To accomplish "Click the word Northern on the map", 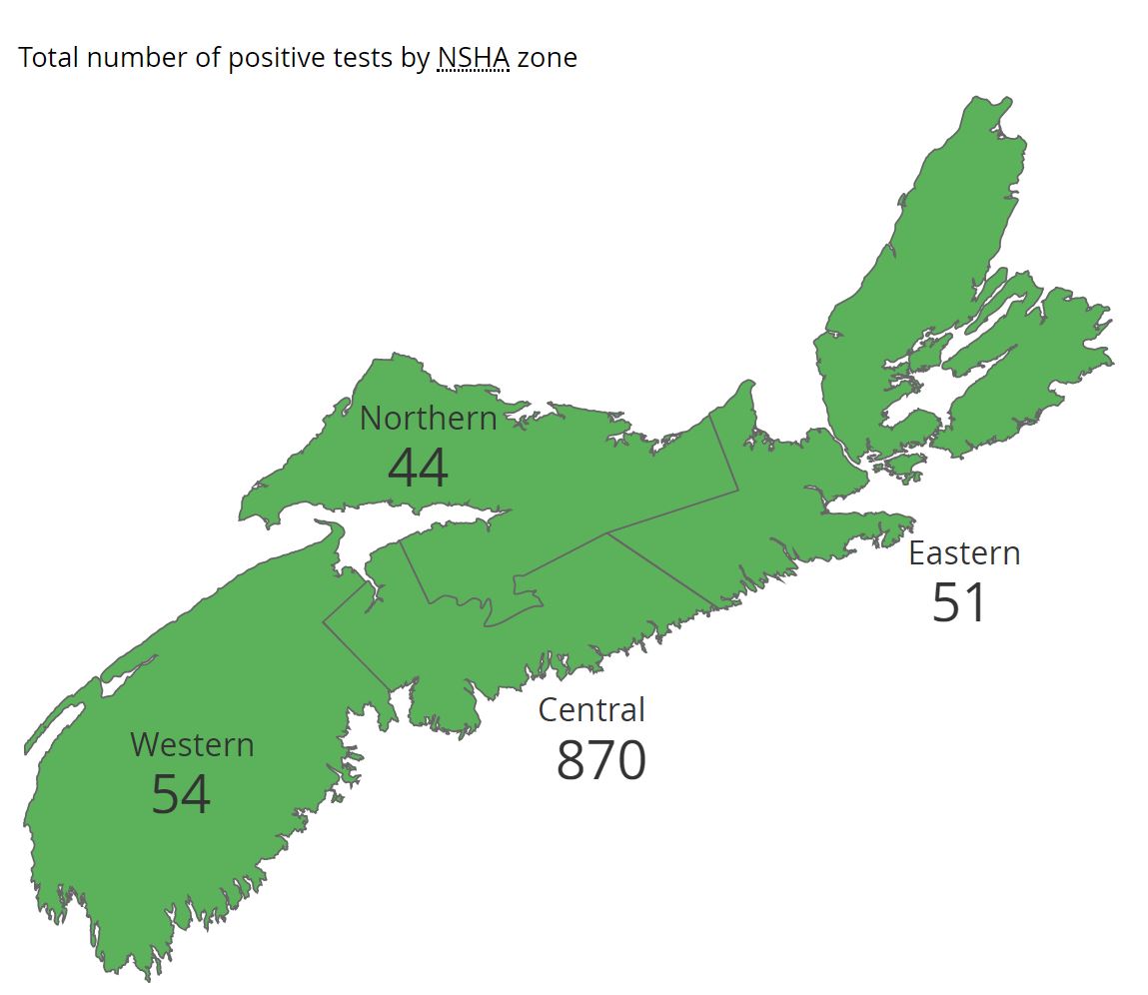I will pos(428,419).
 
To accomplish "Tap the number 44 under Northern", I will pos(418,468).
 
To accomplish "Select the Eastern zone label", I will pos(964,553).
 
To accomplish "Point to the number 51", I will pos(959,602).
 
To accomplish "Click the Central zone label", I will pos(591,710).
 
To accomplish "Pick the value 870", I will pos(601,760).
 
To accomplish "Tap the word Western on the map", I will pos(192,745).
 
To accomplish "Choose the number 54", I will pos(181,795).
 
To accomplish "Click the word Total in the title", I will pos(48,58).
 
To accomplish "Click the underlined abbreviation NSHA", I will pos(474,58).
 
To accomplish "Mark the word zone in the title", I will pos(548,58).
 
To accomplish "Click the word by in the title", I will pos(416,58).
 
